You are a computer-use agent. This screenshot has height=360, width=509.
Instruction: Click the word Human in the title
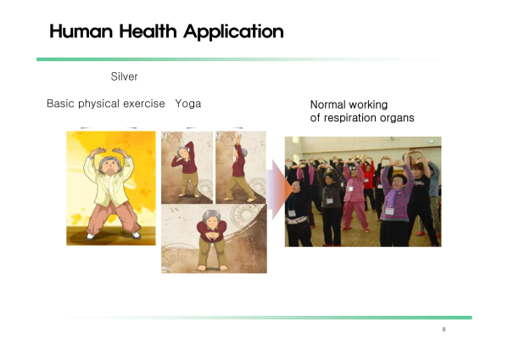click(81, 31)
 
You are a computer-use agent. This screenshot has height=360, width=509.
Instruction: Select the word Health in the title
click(148, 31)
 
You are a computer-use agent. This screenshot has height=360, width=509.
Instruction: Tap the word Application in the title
click(233, 32)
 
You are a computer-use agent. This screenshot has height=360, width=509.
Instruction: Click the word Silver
click(125, 76)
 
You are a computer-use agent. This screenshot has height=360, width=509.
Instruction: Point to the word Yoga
click(188, 104)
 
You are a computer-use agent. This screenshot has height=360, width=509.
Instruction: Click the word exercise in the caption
click(144, 104)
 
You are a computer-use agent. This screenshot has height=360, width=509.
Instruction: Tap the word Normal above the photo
click(328, 104)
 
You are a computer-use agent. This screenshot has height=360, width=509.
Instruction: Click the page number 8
click(444, 329)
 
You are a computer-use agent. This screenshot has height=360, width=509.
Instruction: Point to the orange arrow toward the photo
click(279, 189)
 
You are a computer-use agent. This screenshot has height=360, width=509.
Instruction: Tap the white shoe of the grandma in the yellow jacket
click(91, 237)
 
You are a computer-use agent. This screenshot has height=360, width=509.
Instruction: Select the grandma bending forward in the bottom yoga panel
click(212, 240)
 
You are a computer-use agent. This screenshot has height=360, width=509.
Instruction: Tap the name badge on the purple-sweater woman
click(389, 211)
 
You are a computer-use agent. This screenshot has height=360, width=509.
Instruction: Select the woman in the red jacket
click(368, 182)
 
